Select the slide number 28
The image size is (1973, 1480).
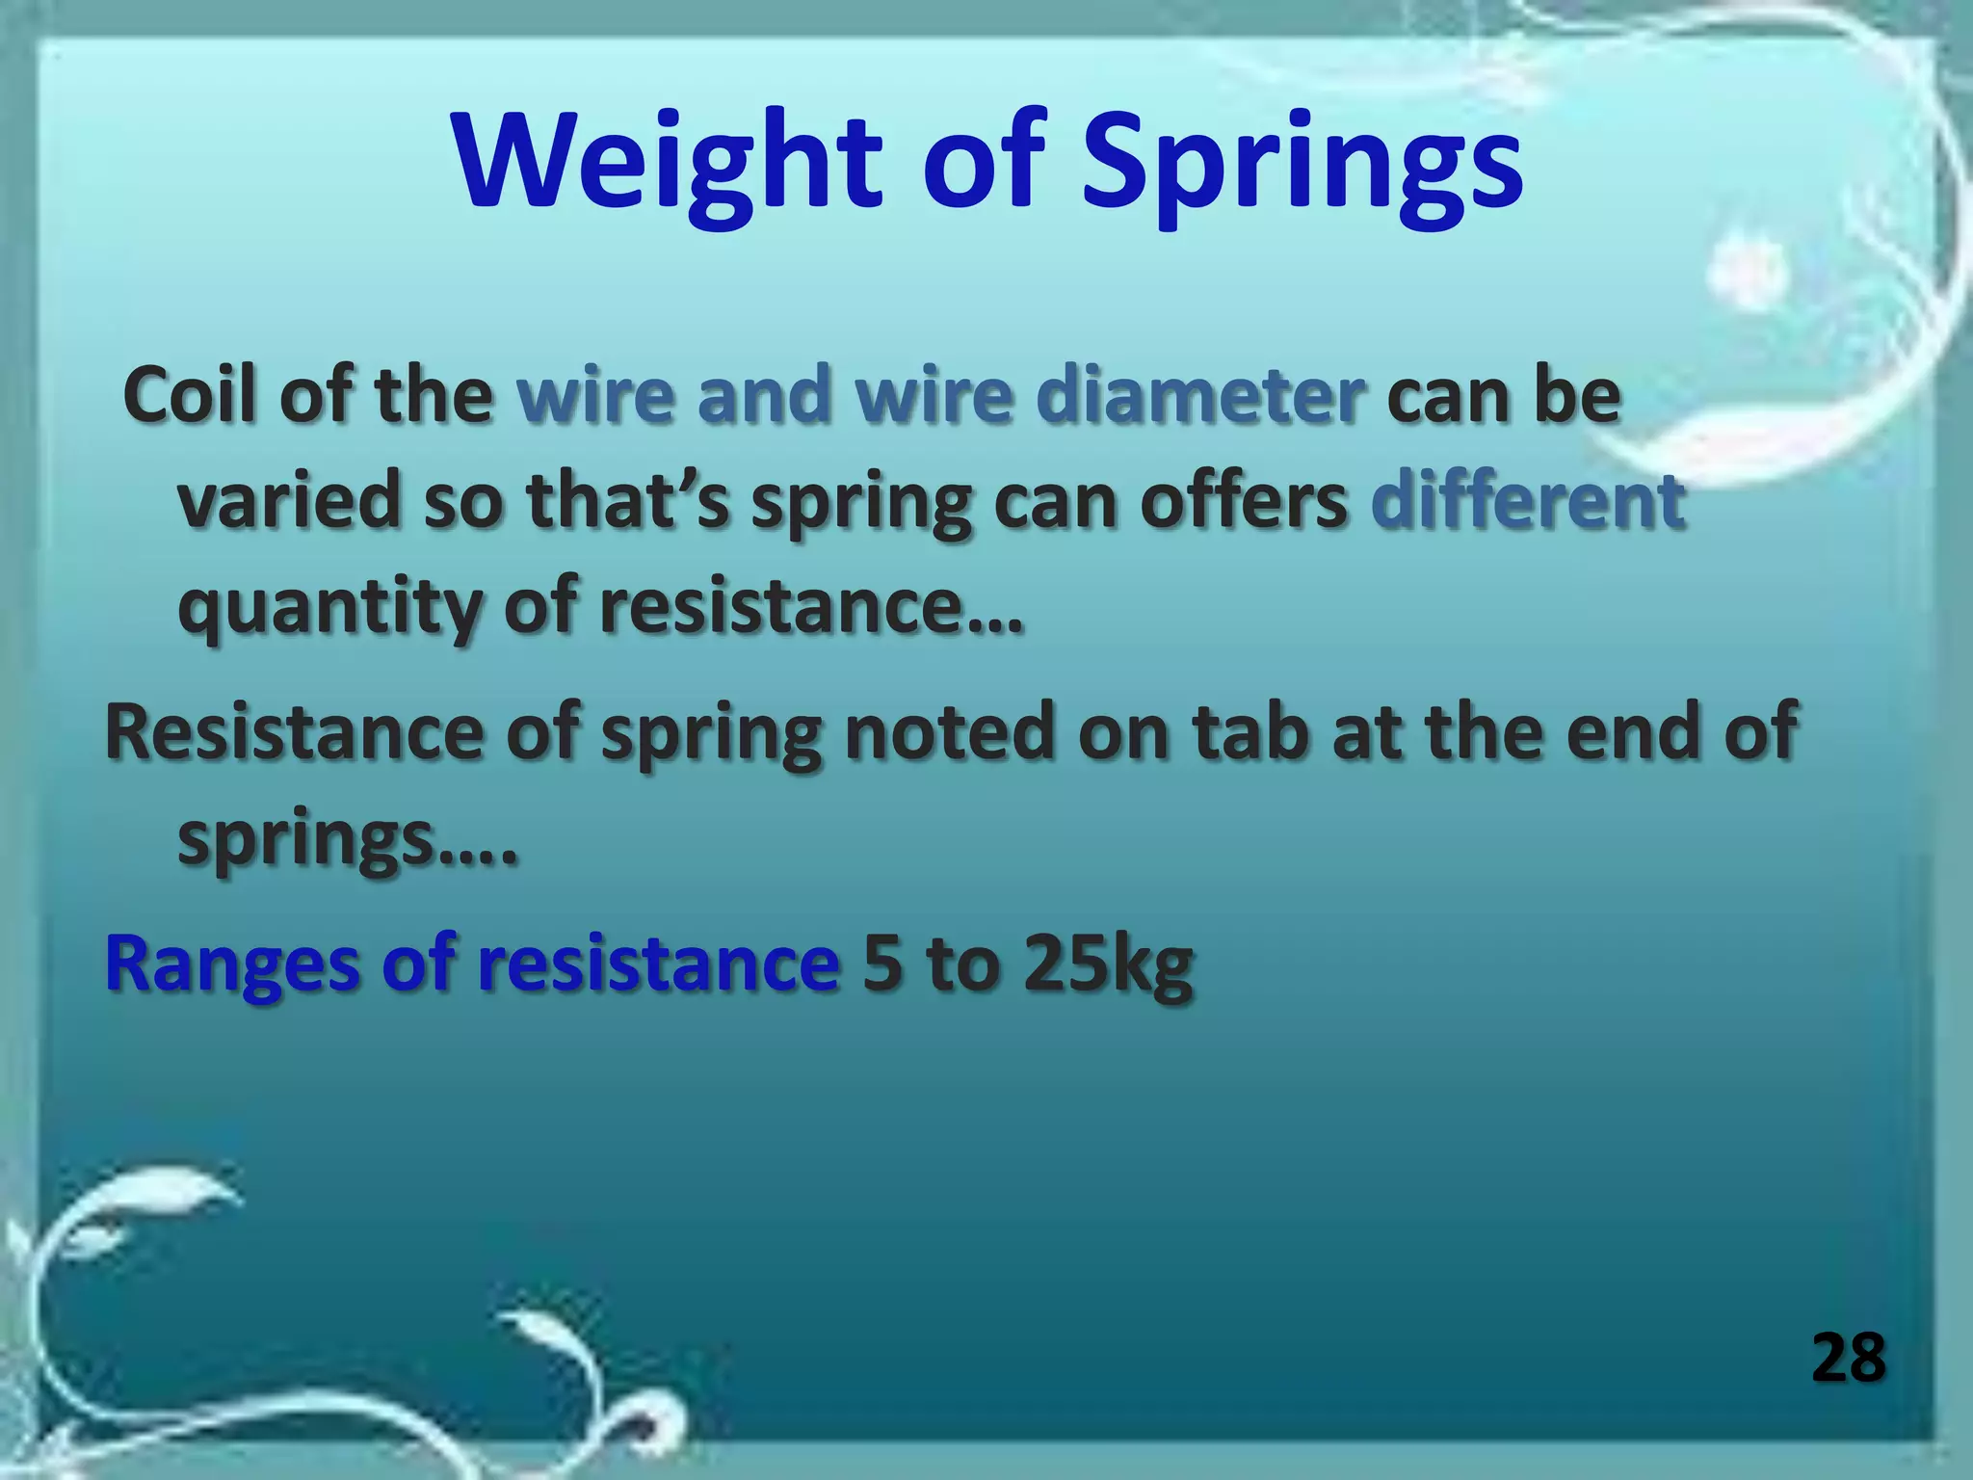(x=1848, y=1359)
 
